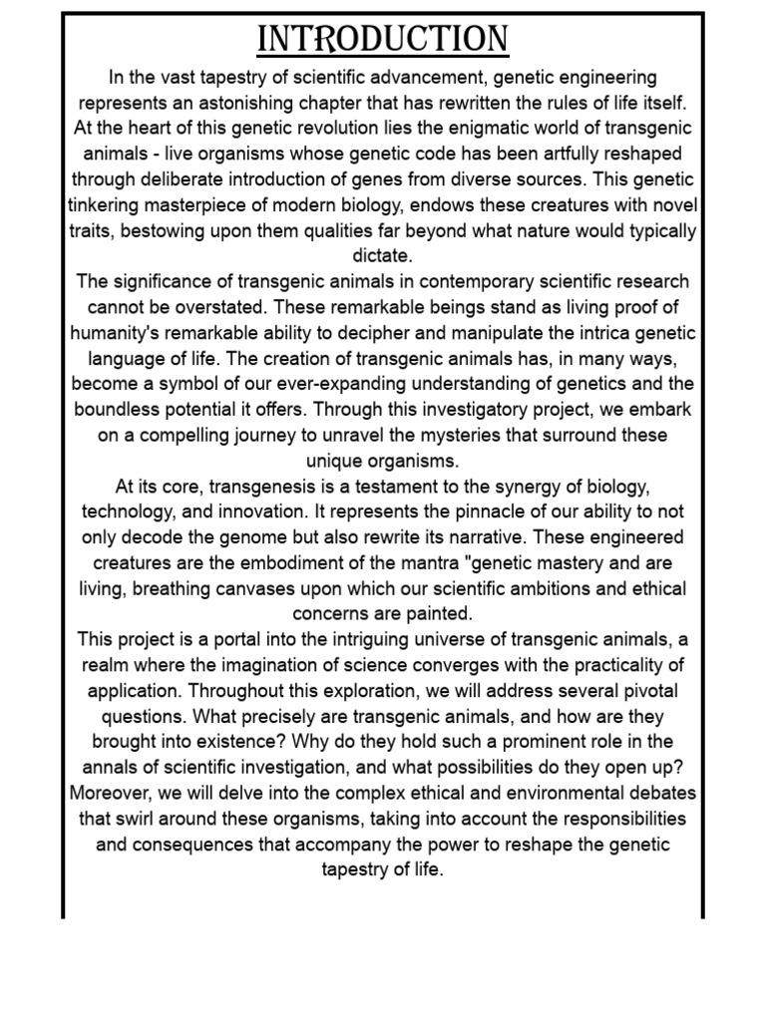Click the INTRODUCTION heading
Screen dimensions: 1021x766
point(383,41)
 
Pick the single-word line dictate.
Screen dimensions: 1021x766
point(382,256)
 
